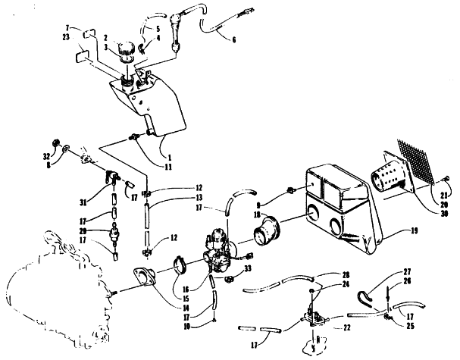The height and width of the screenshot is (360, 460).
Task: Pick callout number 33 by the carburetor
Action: click(x=247, y=268)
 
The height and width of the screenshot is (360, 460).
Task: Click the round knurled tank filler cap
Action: click(x=124, y=50)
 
